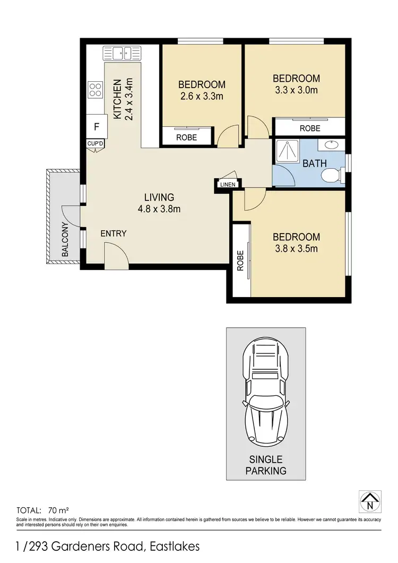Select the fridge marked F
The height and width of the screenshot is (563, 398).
(x=96, y=127)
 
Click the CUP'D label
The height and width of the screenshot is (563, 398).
(x=96, y=144)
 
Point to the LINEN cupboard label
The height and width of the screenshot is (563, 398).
(x=228, y=184)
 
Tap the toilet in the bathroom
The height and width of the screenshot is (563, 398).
(x=333, y=174)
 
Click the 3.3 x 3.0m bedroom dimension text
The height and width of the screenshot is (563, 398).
(x=297, y=90)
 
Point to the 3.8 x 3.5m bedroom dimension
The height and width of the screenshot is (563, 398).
(x=297, y=248)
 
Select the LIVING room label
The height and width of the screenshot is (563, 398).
(x=159, y=197)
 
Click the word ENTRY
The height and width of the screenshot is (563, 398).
(x=114, y=233)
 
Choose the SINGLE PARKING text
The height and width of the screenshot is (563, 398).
(x=266, y=465)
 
